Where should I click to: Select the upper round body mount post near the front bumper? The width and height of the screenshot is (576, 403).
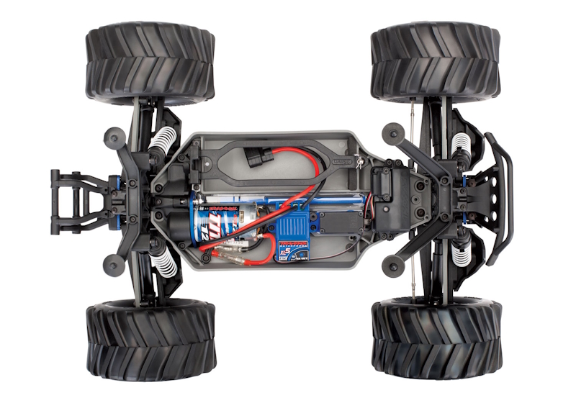click(x=392, y=131)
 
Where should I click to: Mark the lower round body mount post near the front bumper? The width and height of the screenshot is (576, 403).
click(x=392, y=263)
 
